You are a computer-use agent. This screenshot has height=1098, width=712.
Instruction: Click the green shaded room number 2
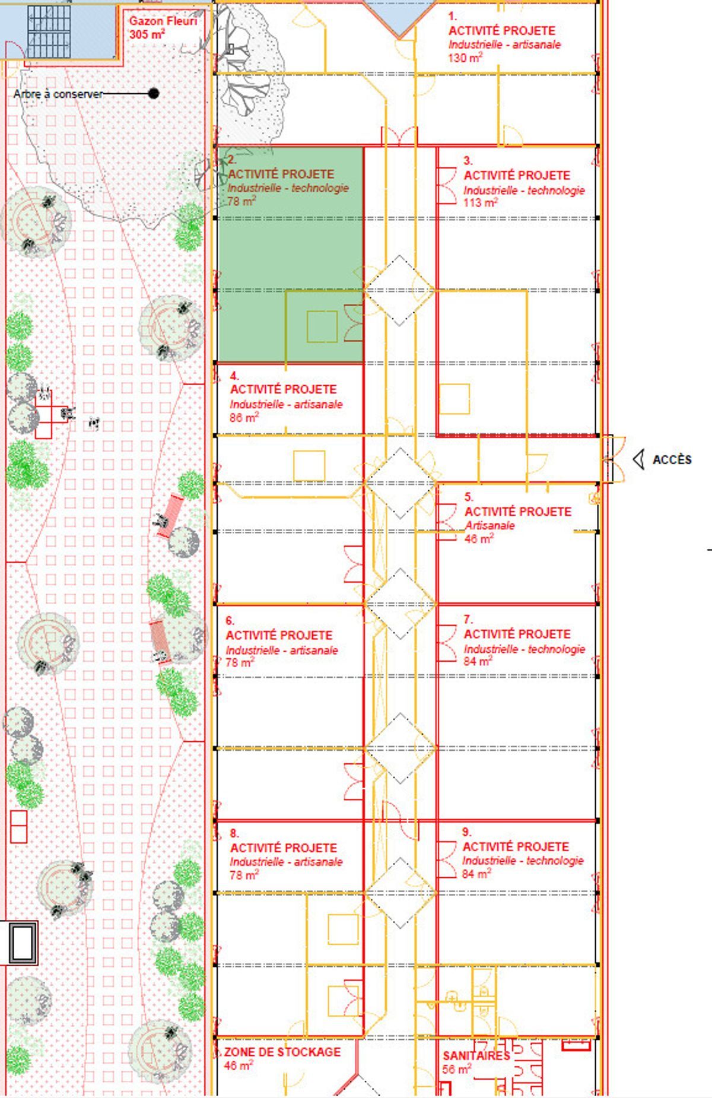290,255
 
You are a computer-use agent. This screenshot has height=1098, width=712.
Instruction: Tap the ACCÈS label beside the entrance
672,459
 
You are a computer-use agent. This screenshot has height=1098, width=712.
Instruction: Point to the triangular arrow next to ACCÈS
638,459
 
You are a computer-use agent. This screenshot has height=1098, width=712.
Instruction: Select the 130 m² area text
465,58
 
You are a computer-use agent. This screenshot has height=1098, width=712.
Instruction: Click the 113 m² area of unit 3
481,202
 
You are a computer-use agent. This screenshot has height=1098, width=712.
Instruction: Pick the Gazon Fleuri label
163,21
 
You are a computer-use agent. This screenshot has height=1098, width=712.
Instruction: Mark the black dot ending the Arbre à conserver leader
154,93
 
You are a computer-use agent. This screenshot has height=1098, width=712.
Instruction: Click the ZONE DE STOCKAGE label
282,1052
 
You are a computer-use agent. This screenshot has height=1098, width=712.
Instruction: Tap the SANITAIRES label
476,1055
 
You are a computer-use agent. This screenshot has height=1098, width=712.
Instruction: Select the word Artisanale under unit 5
490,525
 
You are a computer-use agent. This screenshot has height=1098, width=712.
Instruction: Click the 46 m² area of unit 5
479,539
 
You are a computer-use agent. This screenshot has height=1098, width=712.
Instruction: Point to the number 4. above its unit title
234,376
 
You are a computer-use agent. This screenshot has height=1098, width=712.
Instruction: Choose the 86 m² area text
244,418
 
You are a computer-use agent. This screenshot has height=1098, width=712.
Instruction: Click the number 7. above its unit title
468,620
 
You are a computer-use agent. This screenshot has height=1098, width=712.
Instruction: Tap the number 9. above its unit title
467,832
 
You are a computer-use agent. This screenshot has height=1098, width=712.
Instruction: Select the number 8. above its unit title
234,833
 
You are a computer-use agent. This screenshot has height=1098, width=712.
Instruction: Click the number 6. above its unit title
230,621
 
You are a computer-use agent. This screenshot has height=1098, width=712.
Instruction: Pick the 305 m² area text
147,34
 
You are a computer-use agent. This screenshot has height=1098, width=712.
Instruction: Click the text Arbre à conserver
58,94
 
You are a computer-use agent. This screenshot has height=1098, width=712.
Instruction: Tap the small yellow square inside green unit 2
322,326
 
